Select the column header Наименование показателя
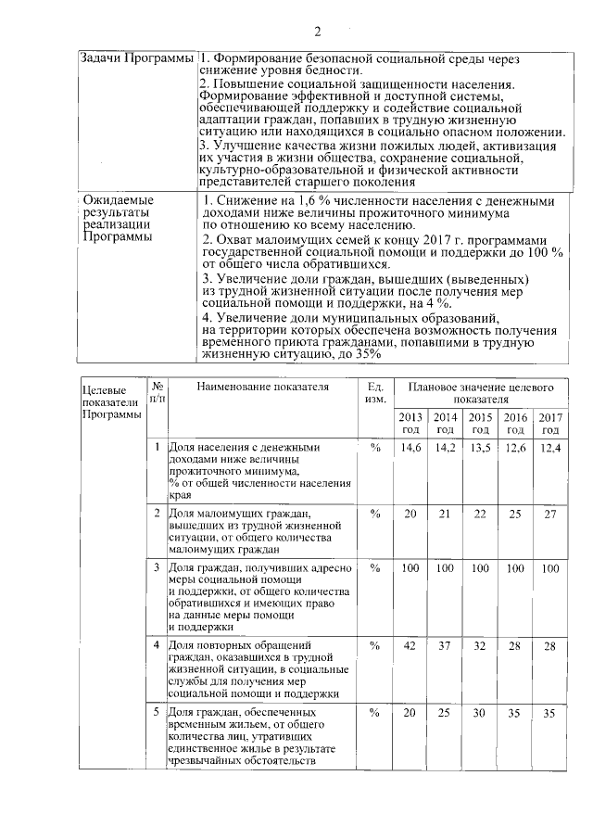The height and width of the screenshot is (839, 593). (263, 386)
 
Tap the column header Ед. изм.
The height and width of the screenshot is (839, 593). (374, 392)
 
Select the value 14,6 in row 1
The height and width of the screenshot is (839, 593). (410, 448)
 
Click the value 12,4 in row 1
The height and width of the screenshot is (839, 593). (550, 448)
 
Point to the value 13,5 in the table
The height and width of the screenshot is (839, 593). (480, 448)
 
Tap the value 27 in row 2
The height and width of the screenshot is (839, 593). (550, 514)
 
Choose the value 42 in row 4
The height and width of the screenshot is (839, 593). (410, 645)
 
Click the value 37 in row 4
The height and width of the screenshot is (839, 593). (446, 645)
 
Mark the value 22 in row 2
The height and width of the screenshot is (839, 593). (480, 514)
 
